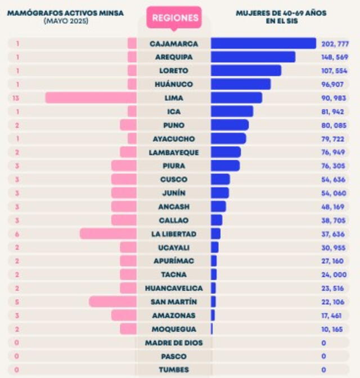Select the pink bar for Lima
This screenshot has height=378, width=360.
tap(91, 98)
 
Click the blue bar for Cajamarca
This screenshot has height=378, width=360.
tap(263, 43)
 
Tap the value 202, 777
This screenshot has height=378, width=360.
tap(334, 44)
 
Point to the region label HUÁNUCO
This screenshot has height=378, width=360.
tap(173, 84)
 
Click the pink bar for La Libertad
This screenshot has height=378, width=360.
tap(108, 233)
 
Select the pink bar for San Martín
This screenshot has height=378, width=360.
tap(112, 301)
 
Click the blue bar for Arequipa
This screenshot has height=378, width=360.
tap(253, 57)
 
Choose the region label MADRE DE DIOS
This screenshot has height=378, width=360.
tap(173, 343)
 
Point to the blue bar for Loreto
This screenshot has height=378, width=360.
tap(246, 71)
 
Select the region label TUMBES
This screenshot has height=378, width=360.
tap(173, 370)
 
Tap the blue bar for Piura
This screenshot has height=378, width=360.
tap(225, 166)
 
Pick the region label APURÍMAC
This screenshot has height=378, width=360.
tap(173, 261)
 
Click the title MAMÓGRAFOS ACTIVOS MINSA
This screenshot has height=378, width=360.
tap(65, 12)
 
